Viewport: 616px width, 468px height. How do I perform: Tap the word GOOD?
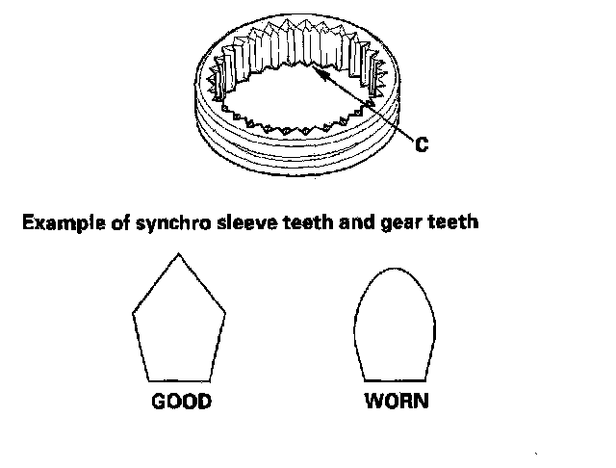click(x=180, y=402)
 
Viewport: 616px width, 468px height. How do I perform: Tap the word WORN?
click(x=396, y=402)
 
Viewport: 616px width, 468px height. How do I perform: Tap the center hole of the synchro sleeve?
click(x=294, y=101)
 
